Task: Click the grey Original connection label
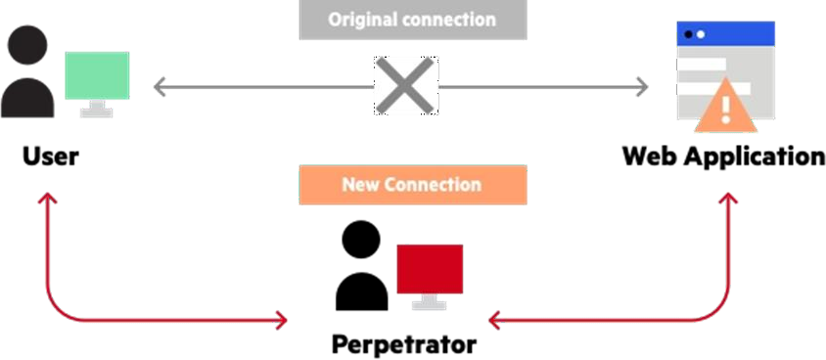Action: point(412,20)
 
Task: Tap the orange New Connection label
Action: point(412,184)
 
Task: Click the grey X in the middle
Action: point(405,87)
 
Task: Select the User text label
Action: point(50,157)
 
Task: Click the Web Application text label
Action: point(723,157)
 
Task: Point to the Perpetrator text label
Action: point(404,344)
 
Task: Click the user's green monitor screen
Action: point(97,76)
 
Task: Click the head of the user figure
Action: point(27,44)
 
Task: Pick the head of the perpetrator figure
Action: point(361,239)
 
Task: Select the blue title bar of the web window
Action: point(726,34)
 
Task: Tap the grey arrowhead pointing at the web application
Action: point(642,87)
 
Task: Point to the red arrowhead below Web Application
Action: point(726,199)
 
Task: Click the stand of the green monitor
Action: point(96,111)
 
